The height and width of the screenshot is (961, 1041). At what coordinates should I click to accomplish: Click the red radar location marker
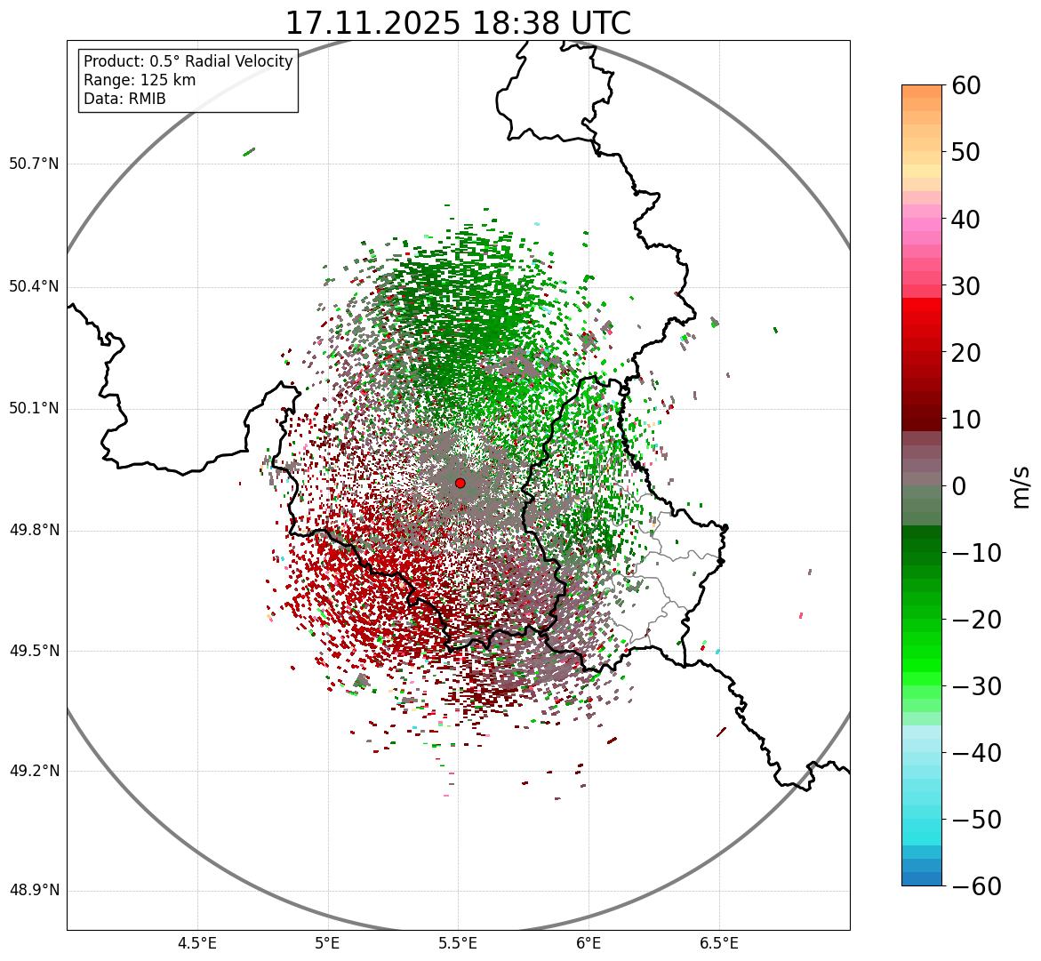pyautogui.click(x=460, y=483)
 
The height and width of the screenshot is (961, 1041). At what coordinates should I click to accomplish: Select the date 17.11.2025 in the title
pyautogui.click(x=372, y=23)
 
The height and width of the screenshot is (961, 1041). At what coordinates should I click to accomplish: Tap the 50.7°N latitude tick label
pyautogui.click(x=34, y=164)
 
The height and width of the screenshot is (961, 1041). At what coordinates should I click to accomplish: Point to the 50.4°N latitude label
pyautogui.click(x=34, y=286)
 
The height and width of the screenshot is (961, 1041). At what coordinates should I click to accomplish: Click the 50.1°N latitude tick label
pyautogui.click(x=34, y=409)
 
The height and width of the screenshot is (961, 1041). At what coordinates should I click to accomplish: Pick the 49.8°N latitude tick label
pyautogui.click(x=34, y=531)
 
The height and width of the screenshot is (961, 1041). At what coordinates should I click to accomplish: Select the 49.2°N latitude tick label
pyautogui.click(x=34, y=771)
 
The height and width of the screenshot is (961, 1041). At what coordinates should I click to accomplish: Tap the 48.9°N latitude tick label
pyautogui.click(x=34, y=891)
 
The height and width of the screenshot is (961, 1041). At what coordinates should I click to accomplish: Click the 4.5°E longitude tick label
pyautogui.click(x=197, y=942)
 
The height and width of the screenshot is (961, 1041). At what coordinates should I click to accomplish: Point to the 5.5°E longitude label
pyautogui.click(x=458, y=942)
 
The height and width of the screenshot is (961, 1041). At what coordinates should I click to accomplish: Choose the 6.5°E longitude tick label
pyautogui.click(x=718, y=942)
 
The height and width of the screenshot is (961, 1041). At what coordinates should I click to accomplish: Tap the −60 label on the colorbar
pyautogui.click(x=975, y=886)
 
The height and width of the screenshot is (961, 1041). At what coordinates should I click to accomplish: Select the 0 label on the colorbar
pyautogui.click(x=959, y=486)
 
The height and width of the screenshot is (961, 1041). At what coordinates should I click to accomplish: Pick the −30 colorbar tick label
pyautogui.click(x=975, y=686)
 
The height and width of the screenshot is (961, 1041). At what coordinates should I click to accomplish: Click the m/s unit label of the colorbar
pyautogui.click(x=1022, y=486)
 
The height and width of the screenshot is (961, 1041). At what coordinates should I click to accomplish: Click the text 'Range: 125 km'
pyautogui.click(x=140, y=80)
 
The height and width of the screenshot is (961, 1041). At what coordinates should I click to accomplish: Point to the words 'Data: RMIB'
pyautogui.click(x=124, y=99)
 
